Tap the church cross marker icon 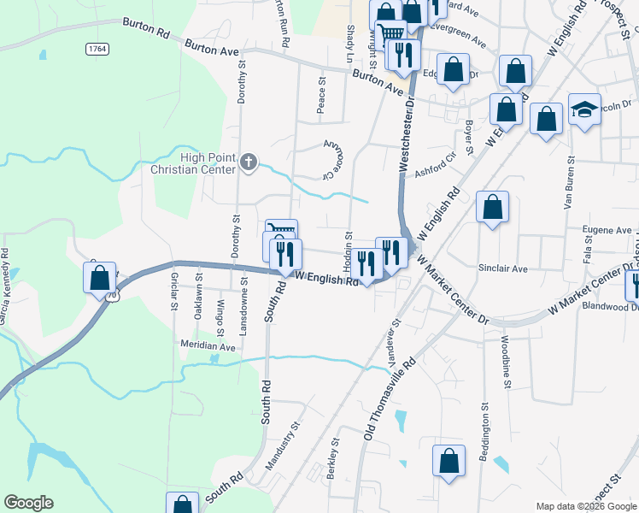point(248,162)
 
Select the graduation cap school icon point(584,109)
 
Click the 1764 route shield point(97,50)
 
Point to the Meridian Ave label point(207,347)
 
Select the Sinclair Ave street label point(503,268)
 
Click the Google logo point(28,503)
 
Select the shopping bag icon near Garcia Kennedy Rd point(100,278)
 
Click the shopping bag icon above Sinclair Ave point(493,207)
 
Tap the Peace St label point(322,97)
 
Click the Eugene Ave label point(607,230)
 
